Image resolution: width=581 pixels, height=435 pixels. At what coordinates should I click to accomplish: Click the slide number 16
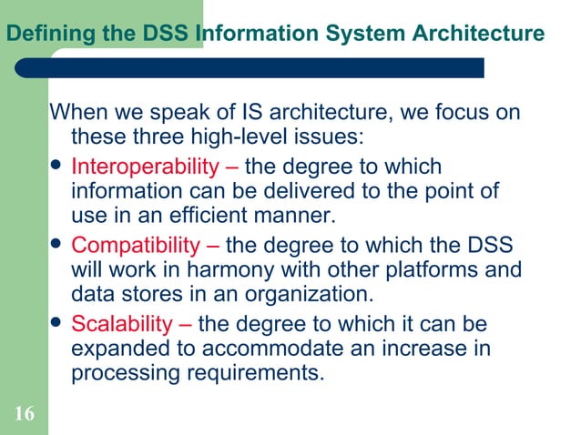24,415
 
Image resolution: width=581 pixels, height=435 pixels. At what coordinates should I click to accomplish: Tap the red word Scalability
121,324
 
